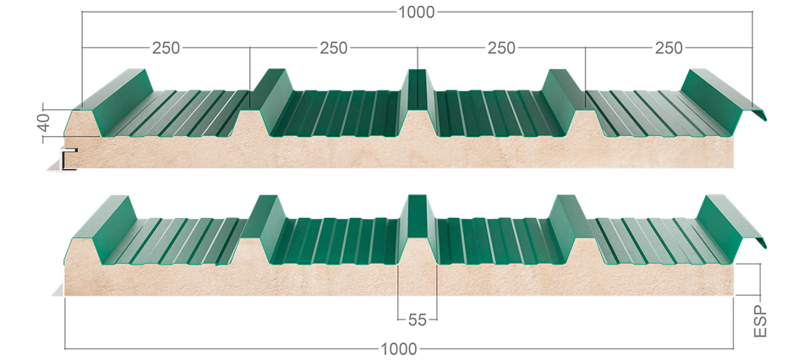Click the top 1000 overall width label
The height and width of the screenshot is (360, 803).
click(x=417, y=12)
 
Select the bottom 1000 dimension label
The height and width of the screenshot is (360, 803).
click(x=399, y=349)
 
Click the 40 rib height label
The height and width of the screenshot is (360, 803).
click(x=45, y=123)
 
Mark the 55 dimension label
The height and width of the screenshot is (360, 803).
click(x=418, y=320)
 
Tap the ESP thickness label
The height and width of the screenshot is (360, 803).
click(x=761, y=321)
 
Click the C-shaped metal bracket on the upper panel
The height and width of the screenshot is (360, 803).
click(x=68, y=159)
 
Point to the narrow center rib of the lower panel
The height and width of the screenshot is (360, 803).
click(x=418, y=215)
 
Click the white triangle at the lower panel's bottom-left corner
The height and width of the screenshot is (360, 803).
click(x=57, y=291)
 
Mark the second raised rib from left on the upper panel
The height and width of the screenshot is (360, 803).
click(x=272, y=100)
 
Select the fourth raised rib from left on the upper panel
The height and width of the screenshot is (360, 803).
click(x=563, y=100)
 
